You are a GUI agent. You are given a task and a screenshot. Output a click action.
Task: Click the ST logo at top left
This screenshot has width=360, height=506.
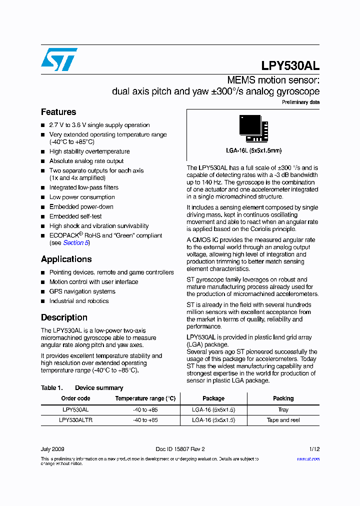[x=59, y=59]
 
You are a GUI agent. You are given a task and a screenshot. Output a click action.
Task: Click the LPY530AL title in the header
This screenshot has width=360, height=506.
[x=290, y=65]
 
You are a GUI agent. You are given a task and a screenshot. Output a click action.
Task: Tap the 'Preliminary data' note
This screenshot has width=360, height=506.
[x=300, y=102]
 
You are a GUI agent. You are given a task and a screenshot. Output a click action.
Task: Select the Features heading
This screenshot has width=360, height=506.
[x=58, y=112]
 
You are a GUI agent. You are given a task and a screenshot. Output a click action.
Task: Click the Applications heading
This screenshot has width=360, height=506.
[x=66, y=259]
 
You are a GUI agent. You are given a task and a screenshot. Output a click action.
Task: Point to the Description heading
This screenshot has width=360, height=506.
[x=64, y=317]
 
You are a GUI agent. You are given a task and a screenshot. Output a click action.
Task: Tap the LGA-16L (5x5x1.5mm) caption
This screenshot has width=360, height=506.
[x=253, y=150]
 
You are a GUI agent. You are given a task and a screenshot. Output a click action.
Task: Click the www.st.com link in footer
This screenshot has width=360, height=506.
[x=308, y=458]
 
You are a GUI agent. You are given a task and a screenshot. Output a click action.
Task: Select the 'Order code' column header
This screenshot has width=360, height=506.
[x=75, y=398]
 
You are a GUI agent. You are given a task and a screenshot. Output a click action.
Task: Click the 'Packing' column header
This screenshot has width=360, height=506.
[x=283, y=398]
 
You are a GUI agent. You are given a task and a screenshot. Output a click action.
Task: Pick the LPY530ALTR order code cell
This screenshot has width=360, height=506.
[x=75, y=420]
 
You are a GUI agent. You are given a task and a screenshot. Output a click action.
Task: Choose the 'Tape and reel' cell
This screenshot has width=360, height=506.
[x=283, y=420]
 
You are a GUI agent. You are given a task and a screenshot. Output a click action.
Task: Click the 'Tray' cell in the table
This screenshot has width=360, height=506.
[x=283, y=409]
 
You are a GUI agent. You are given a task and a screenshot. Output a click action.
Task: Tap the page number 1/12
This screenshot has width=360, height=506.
[x=314, y=449]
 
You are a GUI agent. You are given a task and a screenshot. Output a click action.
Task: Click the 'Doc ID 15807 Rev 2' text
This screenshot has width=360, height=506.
[x=180, y=449]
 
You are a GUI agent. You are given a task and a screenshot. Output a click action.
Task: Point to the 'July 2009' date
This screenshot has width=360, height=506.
[x=52, y=449]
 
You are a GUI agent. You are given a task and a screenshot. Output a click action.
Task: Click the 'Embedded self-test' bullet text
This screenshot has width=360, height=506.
[x=75, y=216]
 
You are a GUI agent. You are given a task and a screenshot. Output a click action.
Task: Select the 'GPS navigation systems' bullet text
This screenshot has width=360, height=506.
[x=82, y=291]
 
